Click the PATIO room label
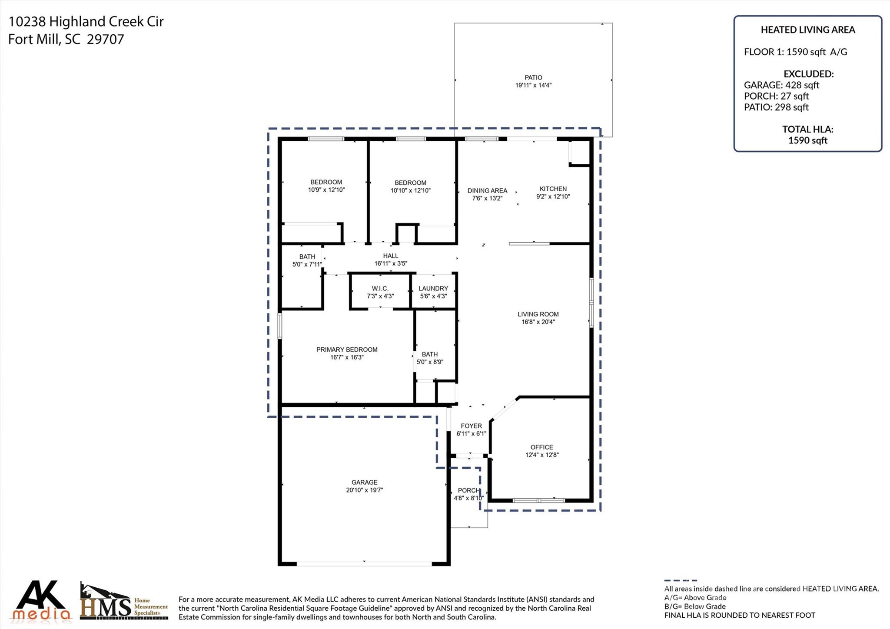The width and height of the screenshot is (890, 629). coord(533,77)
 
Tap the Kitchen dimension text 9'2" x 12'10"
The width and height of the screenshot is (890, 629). coord(553,196)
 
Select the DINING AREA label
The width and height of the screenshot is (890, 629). coord(487,190)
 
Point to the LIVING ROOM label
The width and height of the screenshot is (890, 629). coord(538,314)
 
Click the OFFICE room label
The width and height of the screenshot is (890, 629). coord(541,447)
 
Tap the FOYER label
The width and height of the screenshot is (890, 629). coord(471,426)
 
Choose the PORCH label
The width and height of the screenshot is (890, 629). coord(468,490)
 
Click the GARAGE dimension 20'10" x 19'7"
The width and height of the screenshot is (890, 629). coord(364,490)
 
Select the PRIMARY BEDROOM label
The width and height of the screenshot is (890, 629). coord(347,349)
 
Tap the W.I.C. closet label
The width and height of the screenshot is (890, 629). coord(380,289)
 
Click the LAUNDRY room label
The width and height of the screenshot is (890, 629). coord(433,289)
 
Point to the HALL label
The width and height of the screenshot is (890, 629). coord(391,256)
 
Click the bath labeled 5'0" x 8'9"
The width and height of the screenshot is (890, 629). coord(430,358)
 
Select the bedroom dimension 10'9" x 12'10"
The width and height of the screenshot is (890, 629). coord(326,190)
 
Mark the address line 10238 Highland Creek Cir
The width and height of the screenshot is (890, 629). coord(86,22)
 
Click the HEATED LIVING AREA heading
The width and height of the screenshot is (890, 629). coord(807,30)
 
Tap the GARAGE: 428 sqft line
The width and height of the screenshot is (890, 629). coord(781,85)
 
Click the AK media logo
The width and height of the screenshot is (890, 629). coord(42,601)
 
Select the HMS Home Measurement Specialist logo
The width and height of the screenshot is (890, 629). coord(124,602)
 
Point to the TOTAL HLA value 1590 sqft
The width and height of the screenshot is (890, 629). coord(807,140)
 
